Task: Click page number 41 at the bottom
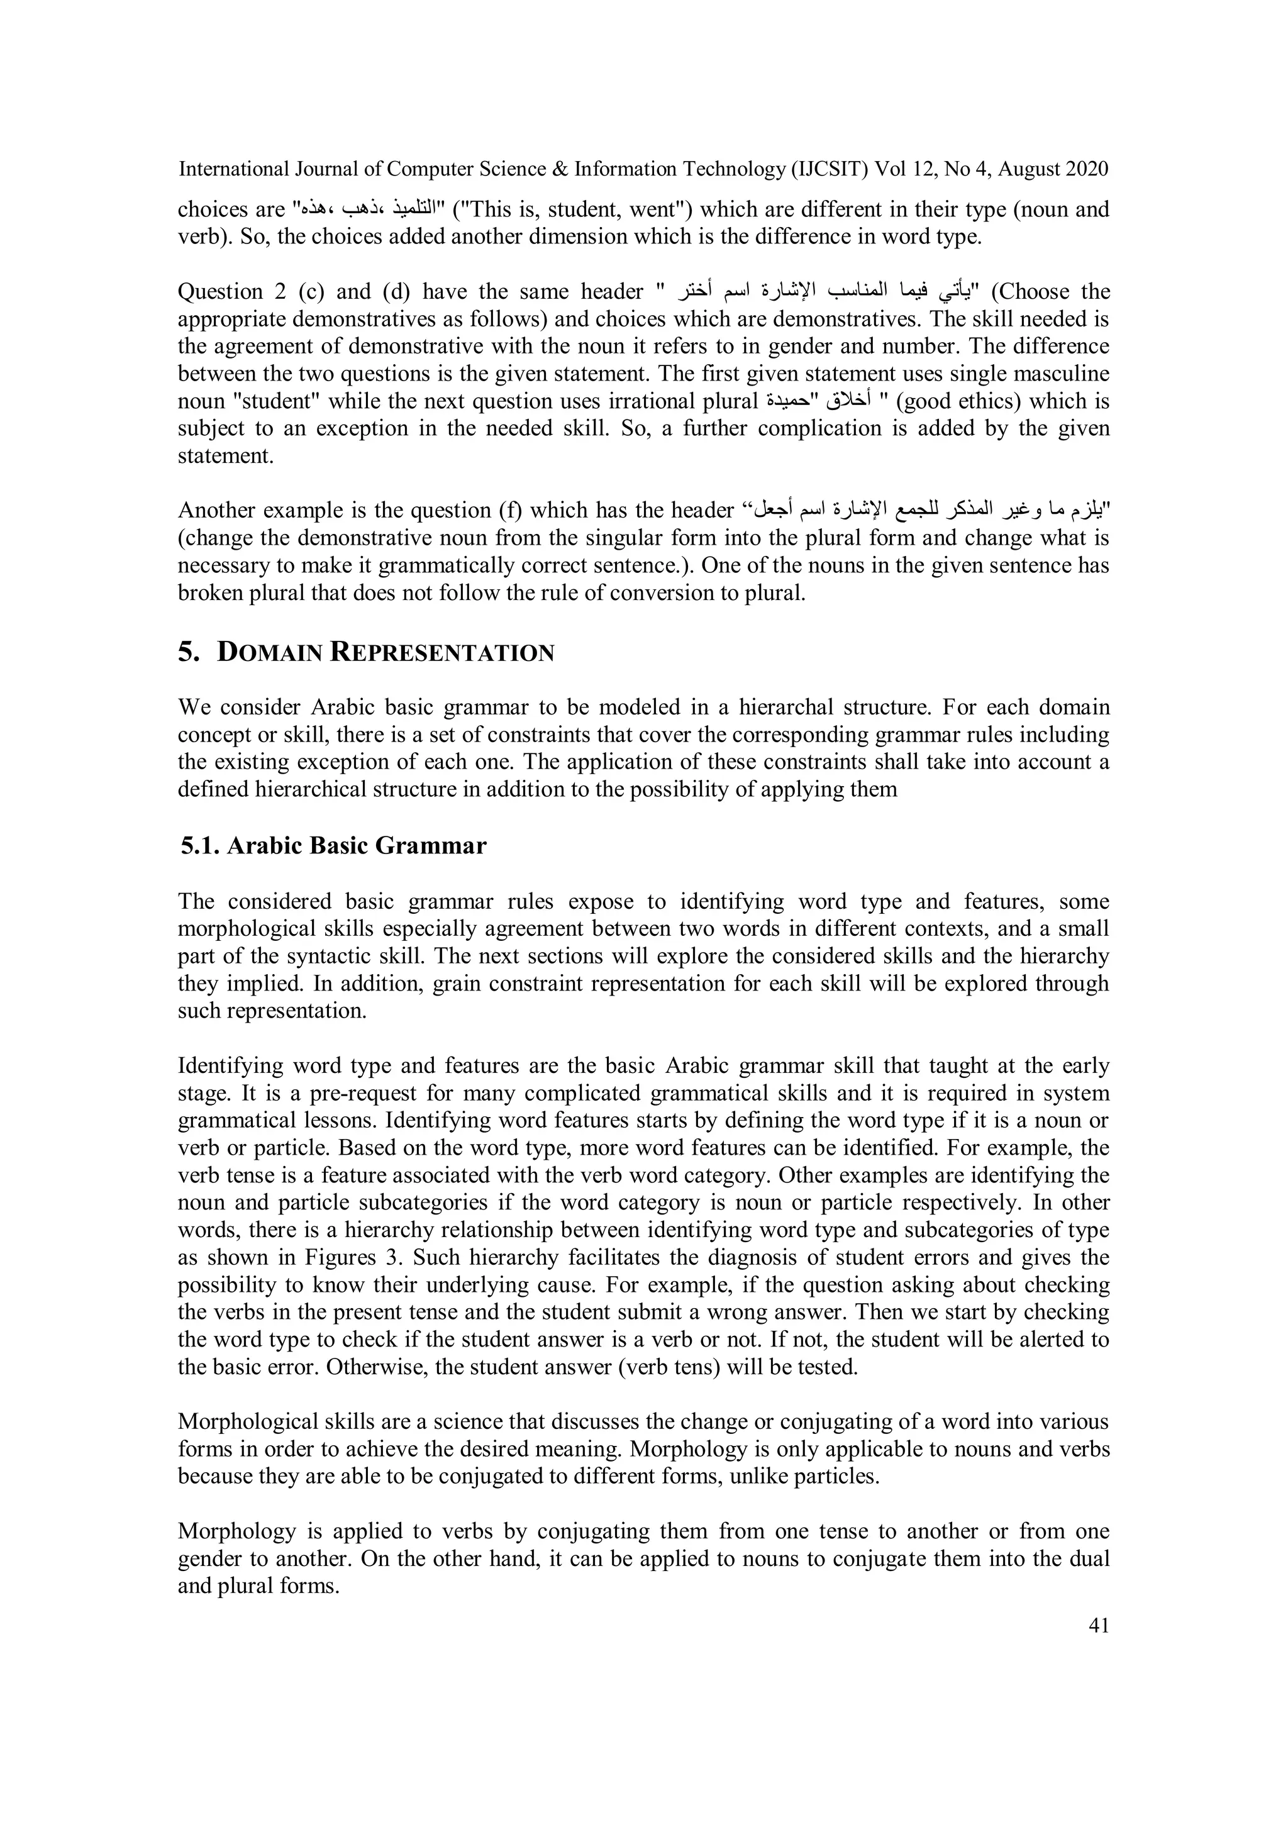(x=1098, y=1626)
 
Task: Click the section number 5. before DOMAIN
(x=188, y=652)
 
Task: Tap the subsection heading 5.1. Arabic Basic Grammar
(x=333, y=846)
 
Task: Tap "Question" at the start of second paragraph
(x=221, y=292)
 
